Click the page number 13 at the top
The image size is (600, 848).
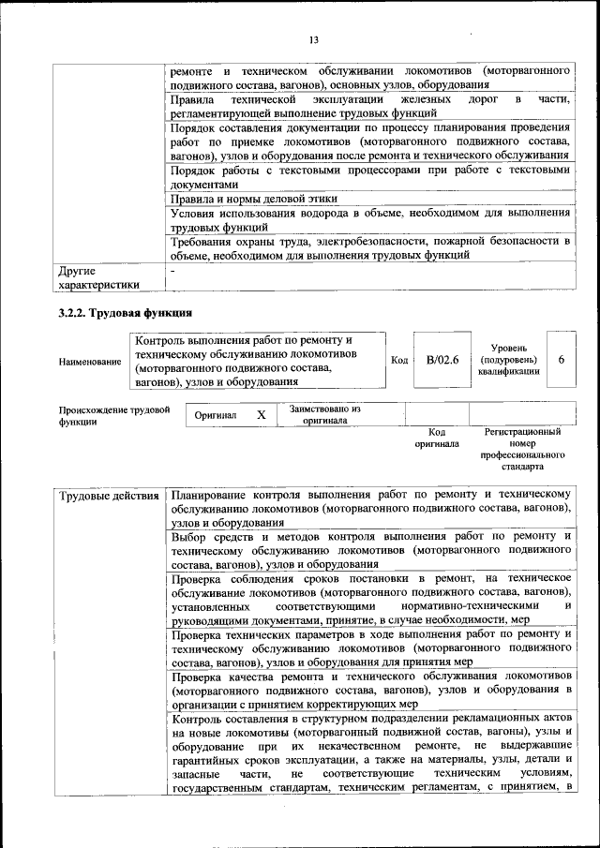point(314,38)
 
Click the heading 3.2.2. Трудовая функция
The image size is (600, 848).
point(125,312)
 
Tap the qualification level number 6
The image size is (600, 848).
point(561,360)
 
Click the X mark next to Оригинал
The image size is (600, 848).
point(262,414)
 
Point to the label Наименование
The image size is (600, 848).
point(89,361)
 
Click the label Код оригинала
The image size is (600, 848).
point(436,438)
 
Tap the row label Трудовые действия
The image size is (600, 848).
point(109,494)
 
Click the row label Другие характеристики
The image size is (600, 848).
point(98,276)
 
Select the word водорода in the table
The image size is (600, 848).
point(349,214)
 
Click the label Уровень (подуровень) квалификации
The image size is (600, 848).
point(509,360)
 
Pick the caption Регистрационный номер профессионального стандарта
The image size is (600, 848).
point(522,449)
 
